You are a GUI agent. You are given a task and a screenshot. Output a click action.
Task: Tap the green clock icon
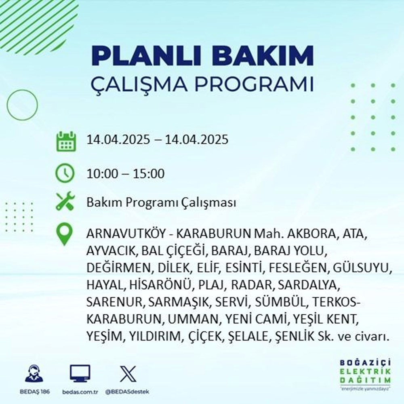tap(65, 174)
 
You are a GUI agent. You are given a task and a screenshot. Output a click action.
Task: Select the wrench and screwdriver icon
tap(65, 202)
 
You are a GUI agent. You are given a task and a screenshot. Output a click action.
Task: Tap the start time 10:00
tap(102, 174)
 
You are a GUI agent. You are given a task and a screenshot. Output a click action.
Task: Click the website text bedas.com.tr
tap(80, 392)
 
